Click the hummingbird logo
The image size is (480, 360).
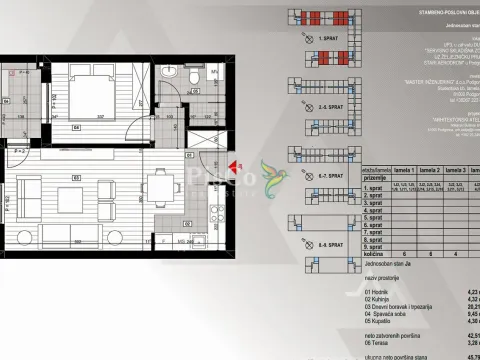pos(272,180)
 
